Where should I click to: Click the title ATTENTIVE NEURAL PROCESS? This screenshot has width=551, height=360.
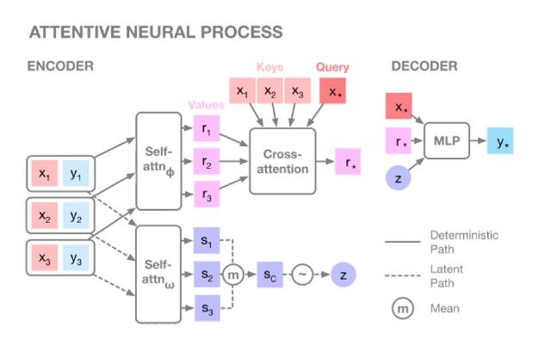pos(155,33)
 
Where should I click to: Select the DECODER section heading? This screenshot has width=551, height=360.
pos(424,66)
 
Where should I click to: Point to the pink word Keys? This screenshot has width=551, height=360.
pos(269,66)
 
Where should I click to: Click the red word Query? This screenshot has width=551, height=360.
pos(332,66)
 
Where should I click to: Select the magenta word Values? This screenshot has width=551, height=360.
pos(207,105)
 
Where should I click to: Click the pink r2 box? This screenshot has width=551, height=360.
pos(207,160)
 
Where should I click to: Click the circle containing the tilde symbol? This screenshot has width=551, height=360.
pos(303,275)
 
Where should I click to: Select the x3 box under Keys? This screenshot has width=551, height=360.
pos(297,90)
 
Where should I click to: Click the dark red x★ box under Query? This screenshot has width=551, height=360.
pos(332,90)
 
